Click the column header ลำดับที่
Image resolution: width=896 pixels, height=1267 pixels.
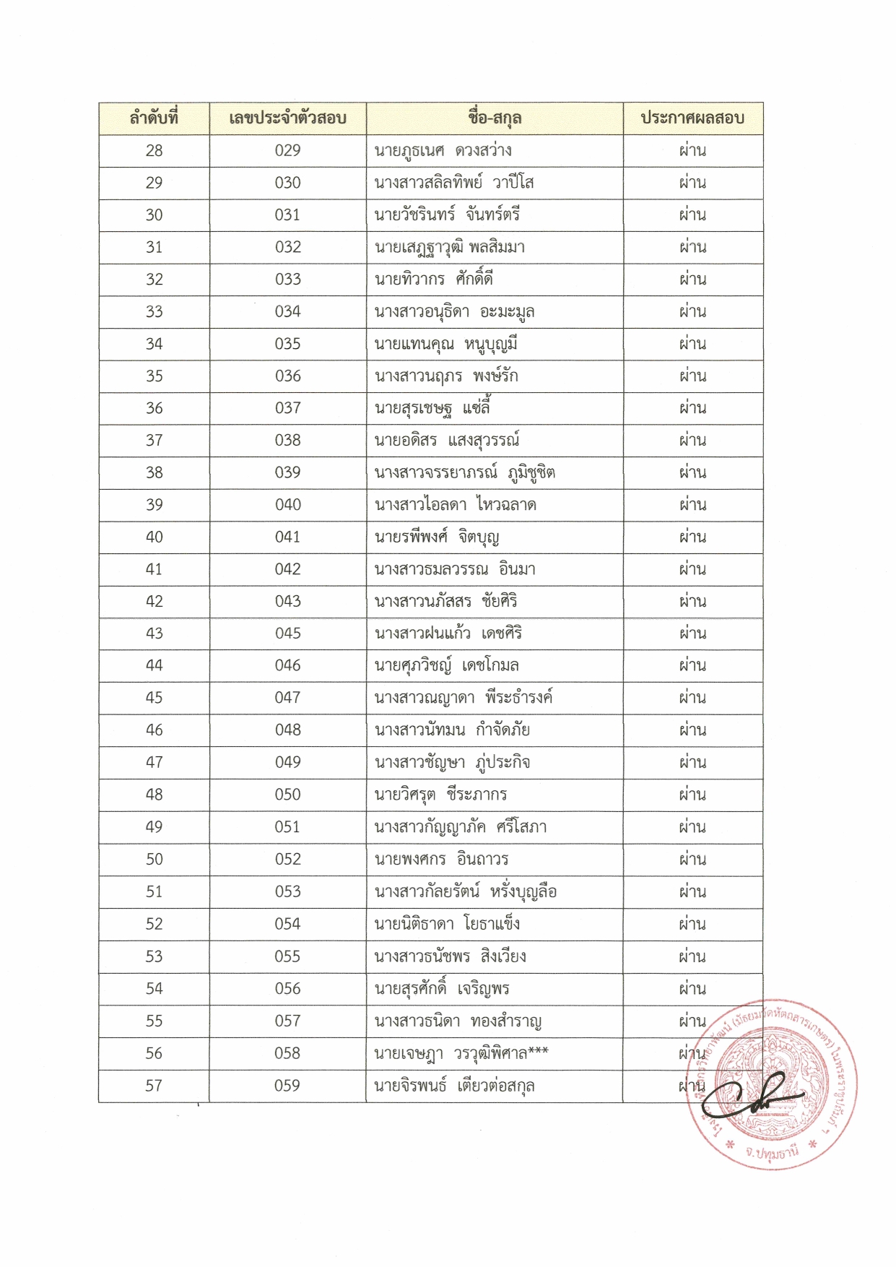(x=154, y=118)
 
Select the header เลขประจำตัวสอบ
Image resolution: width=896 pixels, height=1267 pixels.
(x=287, y=118)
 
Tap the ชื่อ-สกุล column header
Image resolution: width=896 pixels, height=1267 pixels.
(x=495, y=118)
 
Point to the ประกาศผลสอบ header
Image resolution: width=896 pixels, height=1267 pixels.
(x=692, y=118)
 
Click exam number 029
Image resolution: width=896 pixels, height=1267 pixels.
(x=287, y=151)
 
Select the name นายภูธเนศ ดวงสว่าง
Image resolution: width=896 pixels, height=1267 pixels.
(x=443, y=151)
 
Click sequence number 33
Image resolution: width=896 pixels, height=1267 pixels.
(x=154, y=312)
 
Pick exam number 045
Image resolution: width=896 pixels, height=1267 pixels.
(x=287, y=633)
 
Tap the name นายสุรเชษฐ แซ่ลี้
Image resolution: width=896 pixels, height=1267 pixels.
(x=432, y=409)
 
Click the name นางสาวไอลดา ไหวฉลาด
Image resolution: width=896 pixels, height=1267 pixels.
(x=455, y=505)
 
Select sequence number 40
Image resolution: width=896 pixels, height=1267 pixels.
(x=154, y=537)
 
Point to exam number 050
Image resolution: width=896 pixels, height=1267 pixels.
(x=287, y=795)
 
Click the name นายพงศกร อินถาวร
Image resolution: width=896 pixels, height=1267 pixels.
(x=441, y=860)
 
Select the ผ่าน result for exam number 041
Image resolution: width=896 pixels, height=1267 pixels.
(x=692, y=537)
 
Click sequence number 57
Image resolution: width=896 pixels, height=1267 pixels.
(x=154, y=1086)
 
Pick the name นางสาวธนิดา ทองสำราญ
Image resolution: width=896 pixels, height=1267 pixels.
(x=458, y=1021)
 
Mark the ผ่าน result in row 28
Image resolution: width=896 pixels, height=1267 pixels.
(x=692, y=151)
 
